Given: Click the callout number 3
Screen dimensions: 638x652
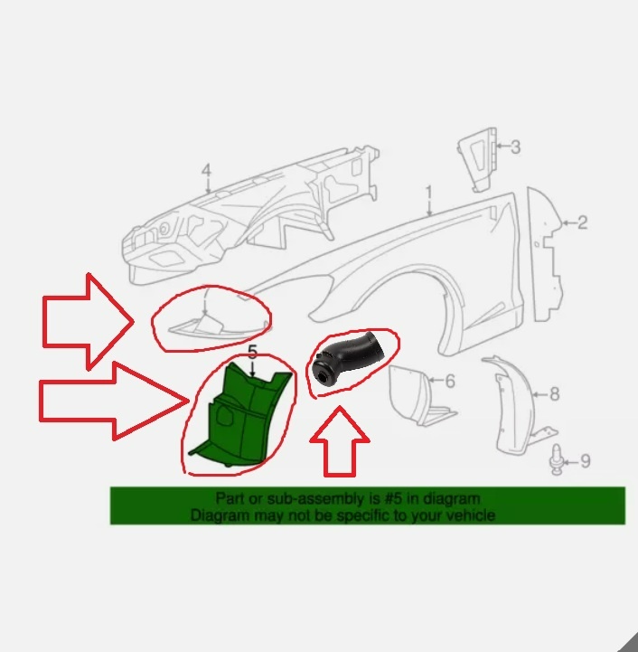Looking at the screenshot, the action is click(x=515, y=147).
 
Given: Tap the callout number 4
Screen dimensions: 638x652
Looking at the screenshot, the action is click(x=206, y=171).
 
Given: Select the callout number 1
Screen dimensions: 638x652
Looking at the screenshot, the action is click(x=429, y=193).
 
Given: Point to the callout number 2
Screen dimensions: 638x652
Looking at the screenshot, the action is click(x=582, y=222).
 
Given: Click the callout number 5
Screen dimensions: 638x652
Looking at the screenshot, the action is click(x=252, y=352).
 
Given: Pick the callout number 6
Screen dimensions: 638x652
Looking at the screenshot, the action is click(x=450, y=381).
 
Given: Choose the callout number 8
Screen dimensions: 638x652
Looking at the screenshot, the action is click(x=555, y=394).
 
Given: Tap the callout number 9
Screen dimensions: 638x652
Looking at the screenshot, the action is click(x=585, y=461).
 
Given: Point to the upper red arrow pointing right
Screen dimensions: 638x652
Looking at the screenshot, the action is click(x=89, y=321).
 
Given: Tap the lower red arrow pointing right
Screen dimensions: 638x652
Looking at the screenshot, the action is click(x=112, y=402).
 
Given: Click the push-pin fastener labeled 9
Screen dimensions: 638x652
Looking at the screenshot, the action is click(x=556, y=460).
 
